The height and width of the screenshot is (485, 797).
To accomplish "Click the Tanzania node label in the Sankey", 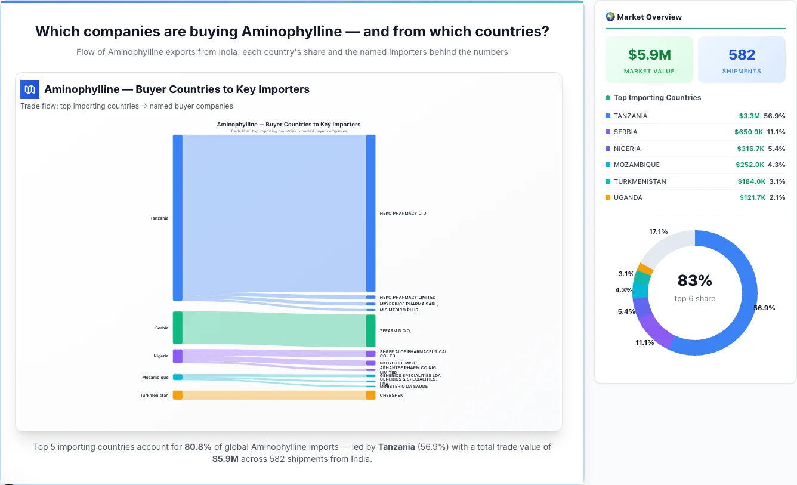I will (159, 218).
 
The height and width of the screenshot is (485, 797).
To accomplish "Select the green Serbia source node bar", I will (178, 328).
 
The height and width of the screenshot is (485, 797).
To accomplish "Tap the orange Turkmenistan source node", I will (178, 395).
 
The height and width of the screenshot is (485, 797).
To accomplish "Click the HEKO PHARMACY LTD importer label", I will (403, 213).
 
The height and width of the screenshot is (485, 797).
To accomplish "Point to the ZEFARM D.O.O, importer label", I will (395, 330).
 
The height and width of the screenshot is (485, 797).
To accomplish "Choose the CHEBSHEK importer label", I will (391, 395).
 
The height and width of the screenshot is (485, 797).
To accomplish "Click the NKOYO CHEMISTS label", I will (398, 363).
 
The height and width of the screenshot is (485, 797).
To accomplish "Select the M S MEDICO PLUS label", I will (398, 310).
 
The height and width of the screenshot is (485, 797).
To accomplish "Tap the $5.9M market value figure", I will (649, 55).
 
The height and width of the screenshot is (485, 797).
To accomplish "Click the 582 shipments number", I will (742, 55).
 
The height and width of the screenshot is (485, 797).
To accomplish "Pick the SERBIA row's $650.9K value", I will (749, 132).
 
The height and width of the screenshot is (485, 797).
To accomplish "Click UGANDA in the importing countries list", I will (628, 197).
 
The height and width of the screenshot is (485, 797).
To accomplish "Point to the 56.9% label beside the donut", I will (764, 308).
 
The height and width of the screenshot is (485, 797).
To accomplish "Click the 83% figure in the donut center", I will (694, 280).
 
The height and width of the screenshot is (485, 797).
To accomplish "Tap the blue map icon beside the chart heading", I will (30, 89).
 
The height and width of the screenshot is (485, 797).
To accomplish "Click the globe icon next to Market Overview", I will (610, 17).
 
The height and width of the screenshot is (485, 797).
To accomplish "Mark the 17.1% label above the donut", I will (658, 231).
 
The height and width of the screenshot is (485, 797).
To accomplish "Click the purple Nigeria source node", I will (178, 356).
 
